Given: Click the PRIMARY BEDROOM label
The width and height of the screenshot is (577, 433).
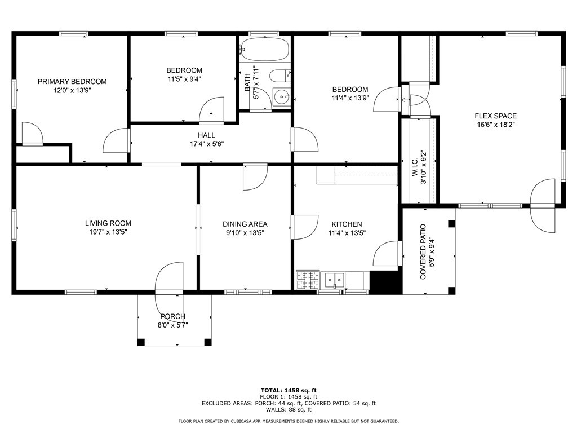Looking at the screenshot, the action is click(72, 81).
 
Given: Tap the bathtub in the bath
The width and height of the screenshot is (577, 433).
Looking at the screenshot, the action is click(265, 48).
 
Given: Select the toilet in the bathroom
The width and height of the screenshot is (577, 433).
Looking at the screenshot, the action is click(279, 76).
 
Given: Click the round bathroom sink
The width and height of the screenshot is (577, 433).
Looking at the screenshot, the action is click(282, 98).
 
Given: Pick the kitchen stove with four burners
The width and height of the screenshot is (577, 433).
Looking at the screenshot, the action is click(308, 280).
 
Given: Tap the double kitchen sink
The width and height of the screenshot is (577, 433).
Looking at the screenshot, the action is click(334, 281).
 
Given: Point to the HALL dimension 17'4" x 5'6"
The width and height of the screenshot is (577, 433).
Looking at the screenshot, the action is click(206, 144).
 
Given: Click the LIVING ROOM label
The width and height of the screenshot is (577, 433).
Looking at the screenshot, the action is click(108, 223).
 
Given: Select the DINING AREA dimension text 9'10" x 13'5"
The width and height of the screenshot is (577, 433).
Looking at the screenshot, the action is click(245, 233).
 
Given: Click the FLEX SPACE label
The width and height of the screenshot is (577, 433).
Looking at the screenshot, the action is click(495, 116).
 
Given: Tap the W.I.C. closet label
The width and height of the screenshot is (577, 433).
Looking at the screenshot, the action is click(415, 167).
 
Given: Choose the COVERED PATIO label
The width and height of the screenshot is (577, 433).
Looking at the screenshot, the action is click(423, 252).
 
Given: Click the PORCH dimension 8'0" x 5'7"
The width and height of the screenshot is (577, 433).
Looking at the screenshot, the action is click(173, 325).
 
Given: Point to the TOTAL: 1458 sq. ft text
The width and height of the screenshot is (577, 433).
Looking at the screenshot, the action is click(288, 390).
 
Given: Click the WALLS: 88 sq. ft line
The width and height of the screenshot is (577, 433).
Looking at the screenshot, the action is click(288, 409).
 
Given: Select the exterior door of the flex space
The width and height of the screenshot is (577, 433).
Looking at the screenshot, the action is click(543, 205).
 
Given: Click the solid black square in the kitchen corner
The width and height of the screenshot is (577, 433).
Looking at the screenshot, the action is click(384, 282).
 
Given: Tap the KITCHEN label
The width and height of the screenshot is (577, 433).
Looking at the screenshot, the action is click(347, 224).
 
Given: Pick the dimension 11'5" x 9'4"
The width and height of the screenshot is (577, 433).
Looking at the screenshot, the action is click(184, 79).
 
